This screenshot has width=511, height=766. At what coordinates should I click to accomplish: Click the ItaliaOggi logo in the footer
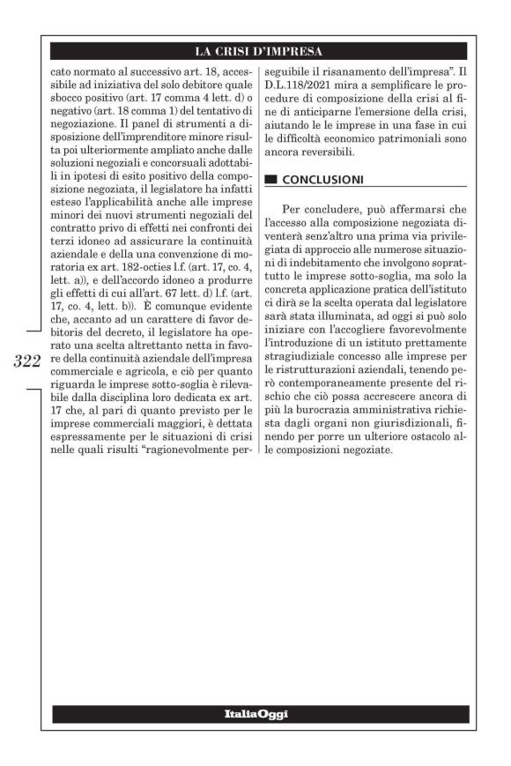[x=255, y=713]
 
